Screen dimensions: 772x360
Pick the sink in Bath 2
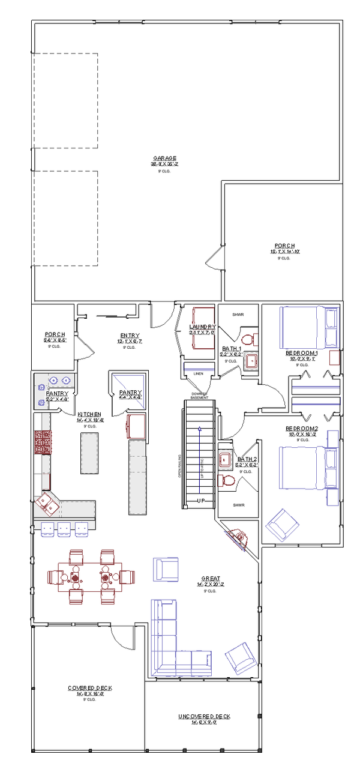pos(226,460)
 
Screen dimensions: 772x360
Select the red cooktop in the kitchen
pos(42,442)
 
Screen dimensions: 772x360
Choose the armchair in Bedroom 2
pos(282,524)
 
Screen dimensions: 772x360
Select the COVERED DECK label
pos(90,687)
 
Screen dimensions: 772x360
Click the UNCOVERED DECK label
pos(204,717)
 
